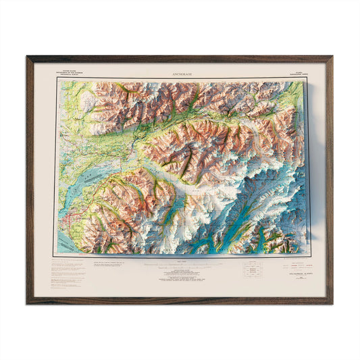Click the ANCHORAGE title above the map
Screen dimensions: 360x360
pos(180,70)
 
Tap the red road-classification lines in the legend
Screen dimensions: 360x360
pos(109,263)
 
